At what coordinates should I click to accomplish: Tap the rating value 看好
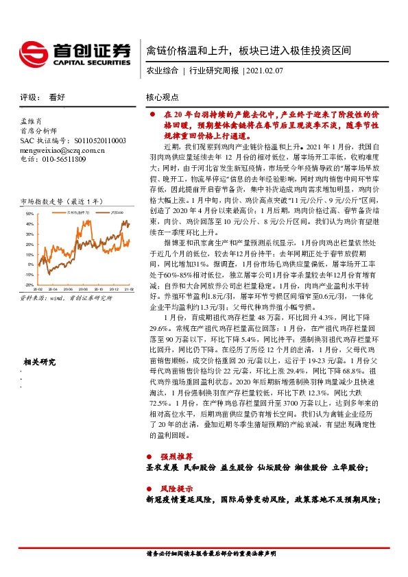(x=57, y=97)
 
